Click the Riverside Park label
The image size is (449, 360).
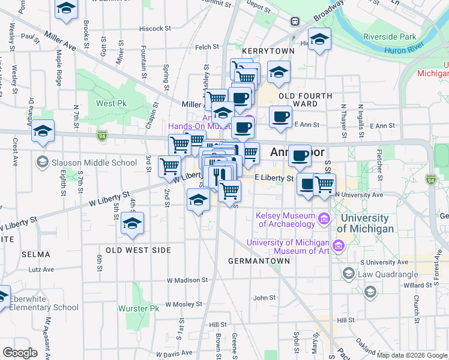pyautogui.click(x=390, y=37)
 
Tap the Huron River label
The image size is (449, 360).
pyautogui.click(x=404, y=51)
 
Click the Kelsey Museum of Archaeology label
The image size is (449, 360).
pyautogui.click(x=285, y=220)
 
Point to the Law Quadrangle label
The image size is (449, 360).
pyautogui.click(x=388, y=275)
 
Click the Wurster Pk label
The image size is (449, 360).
pyautogui.click(x=139, y=308)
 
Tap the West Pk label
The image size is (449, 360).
pyautogui.click(x=106, y=103)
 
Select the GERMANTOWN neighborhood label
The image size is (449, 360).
pyautogui.click(x=259, y=261)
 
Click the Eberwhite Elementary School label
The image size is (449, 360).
pyautogui.click(x=44, y=302)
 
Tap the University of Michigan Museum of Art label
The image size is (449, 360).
pyautogui.click(x=288, y=247)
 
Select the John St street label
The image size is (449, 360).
pyautogui.click(x=264, y=298)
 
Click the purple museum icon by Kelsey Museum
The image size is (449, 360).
pyautogui.click(x=324, y=219)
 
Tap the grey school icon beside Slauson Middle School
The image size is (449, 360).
pyautogui.click(x=42, y=162)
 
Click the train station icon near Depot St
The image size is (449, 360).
pyautogui.click(x=295, y=22)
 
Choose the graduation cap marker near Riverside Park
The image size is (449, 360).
pyautogui.click(x=320, y=39)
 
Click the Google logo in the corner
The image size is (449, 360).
pyautogui.click(x=20, y=352)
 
